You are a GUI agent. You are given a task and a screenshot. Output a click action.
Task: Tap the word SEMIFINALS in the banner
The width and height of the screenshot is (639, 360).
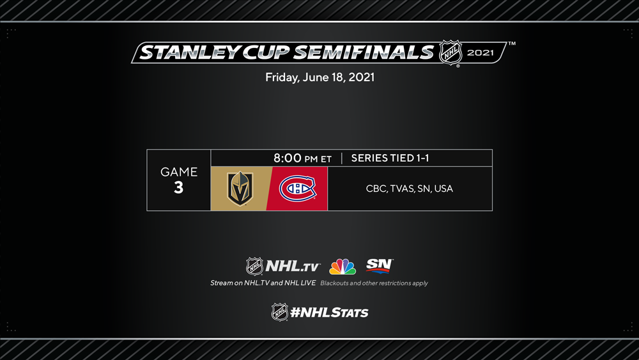click(364, 52)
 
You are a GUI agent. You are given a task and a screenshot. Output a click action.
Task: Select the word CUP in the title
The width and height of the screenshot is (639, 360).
click(266, 52)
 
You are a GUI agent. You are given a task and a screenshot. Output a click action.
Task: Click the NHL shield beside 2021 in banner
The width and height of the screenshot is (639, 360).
click(450, 52)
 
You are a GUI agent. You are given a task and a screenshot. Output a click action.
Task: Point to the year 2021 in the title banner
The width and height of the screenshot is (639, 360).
click(480, 52)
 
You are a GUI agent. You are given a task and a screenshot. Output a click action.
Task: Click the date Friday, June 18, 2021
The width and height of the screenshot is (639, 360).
click(320, 77)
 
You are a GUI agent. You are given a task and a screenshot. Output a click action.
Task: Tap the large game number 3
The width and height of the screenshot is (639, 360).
click(178, 187)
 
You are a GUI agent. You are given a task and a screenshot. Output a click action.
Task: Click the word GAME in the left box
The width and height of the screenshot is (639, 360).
click(178, 172)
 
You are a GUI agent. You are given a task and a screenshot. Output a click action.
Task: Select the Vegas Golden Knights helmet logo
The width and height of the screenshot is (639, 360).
click(240, 189)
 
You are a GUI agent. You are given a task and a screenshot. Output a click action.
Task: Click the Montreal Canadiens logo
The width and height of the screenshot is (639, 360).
click(297, 189)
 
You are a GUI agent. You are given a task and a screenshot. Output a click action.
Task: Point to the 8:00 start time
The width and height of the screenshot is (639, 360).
click(288, 158)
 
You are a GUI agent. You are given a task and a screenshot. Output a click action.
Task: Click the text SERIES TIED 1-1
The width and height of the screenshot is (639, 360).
click(390, 158)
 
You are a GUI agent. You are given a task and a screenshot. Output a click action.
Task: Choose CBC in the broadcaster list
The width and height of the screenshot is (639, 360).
click(376, 189)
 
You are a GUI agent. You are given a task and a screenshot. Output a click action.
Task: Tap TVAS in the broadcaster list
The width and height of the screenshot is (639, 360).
click(402, 189)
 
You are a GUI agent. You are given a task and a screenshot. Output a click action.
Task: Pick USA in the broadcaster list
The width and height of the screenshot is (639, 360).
click(443, 189)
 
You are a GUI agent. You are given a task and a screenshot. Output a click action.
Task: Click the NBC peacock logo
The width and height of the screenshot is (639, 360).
click(343, 267)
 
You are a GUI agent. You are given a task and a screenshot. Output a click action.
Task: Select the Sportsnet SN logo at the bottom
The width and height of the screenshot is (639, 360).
click(380, 265)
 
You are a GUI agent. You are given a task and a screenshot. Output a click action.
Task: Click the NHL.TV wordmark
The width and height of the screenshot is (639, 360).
click(293, 267)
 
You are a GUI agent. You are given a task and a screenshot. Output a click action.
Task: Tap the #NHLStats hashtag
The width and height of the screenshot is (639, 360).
click(329, 313)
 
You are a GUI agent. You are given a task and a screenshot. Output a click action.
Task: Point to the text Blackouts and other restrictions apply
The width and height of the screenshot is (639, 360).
click(374, 283)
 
